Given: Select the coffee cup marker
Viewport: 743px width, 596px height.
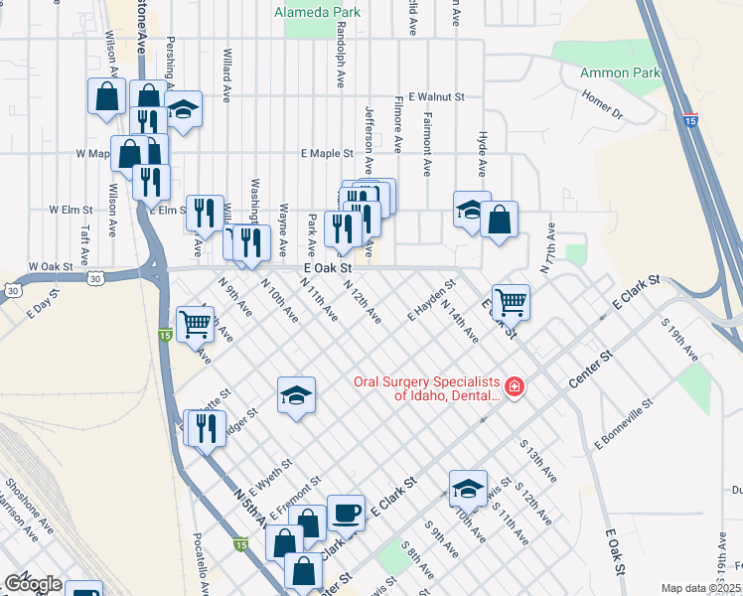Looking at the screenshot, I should pyautogui.click(x=346, y=513).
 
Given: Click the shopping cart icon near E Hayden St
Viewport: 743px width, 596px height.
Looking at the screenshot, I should pyautogui.click(x=511, y=300).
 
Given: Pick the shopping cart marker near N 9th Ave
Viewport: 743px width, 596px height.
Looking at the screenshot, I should pyautogui.click(x=195, y=322).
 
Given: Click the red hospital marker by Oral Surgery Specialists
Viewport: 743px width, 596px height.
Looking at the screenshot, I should pyautogui.click(x=515, y=386).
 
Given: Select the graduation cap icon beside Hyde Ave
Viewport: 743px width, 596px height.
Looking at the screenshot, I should pyautogui.click(x=471, y=209).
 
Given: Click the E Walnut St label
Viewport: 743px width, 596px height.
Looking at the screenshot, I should pyautogui.click(x=439, y=97).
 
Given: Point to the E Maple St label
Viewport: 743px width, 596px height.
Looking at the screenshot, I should pyautogui.click(x=328, y=154).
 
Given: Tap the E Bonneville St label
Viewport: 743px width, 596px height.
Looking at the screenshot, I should pyautogui.click(x=623, y=423).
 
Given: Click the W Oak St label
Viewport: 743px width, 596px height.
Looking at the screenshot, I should pyautogui.click(x=52, y=267).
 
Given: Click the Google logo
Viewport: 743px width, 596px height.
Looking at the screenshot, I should pyautogui.click(x=33, y=584).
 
